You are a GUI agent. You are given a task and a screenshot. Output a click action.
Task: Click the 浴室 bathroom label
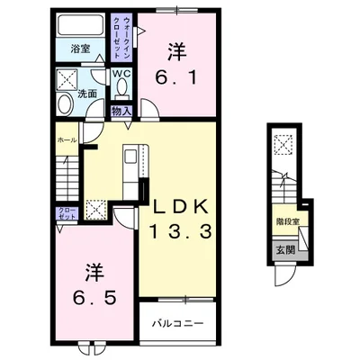[81, 49]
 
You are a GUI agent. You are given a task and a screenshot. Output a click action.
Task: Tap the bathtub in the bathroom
[81, 25]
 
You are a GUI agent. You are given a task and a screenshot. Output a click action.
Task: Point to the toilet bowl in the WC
[121, 86]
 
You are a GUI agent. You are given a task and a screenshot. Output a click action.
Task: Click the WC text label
[121, 74]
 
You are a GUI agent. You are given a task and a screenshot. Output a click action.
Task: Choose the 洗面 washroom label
[87, 94]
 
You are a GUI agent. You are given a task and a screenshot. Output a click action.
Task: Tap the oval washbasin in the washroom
[65, 103]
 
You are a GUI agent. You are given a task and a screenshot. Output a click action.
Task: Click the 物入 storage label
[121, 112]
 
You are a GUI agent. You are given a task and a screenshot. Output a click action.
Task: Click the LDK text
[180, 207]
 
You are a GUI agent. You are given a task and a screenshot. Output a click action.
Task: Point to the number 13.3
[181, 232]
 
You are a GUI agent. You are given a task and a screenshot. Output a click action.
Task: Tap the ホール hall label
[67, 140]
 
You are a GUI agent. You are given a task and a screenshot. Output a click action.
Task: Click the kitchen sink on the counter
[130, 157]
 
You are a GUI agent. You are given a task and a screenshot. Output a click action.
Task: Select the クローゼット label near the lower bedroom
[67, 213]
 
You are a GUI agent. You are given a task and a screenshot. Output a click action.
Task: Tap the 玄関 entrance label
[285, 250]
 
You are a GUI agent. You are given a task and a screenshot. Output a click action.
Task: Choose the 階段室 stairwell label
[288, 221]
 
